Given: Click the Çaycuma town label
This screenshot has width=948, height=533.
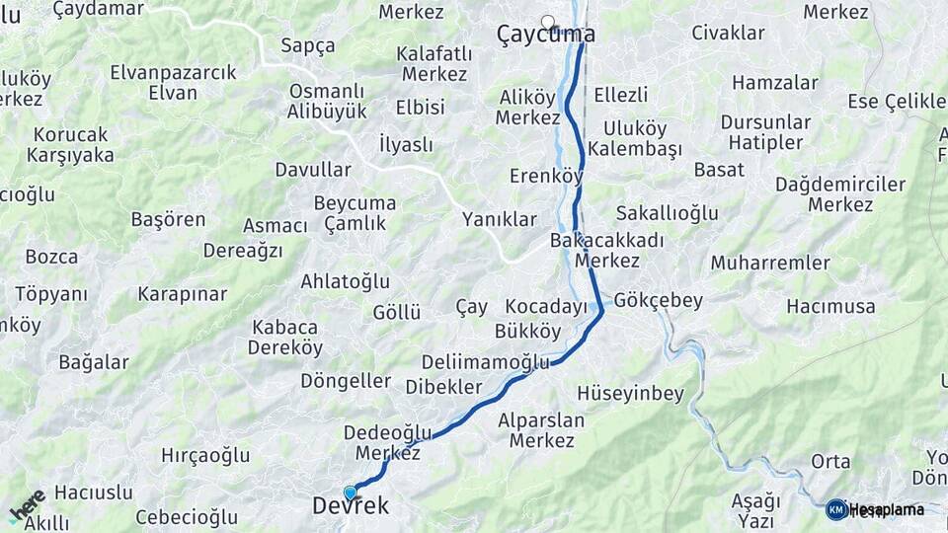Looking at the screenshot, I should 546,36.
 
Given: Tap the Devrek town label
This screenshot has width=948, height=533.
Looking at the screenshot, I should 351,506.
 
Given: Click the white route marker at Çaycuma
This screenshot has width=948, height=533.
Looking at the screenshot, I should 548,21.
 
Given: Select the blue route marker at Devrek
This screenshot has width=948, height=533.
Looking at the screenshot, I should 350,493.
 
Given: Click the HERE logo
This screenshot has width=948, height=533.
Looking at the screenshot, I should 28,504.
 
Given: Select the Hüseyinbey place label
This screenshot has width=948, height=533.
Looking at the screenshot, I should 631,394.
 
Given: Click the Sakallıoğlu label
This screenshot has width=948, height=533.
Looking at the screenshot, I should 667,213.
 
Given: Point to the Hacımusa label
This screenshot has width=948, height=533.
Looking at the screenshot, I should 830,307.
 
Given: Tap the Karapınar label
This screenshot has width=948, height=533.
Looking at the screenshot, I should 182,294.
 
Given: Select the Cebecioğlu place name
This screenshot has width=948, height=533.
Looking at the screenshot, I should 187,517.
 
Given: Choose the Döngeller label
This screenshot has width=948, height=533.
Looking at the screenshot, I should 346,381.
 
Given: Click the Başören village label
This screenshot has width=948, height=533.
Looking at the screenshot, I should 168,220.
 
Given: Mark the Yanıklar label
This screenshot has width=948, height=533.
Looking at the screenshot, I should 500,220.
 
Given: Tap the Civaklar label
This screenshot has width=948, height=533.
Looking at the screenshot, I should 728,33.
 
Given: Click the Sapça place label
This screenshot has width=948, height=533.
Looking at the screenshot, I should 307,45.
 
